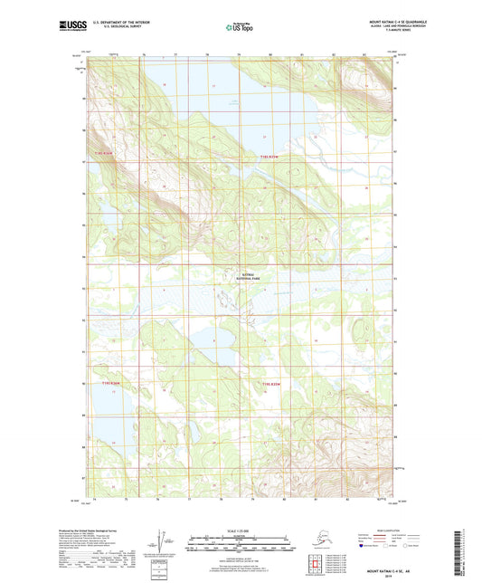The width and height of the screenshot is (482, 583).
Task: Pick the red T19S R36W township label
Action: [109, 384]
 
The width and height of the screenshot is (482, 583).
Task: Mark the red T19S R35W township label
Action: [273, 384]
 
